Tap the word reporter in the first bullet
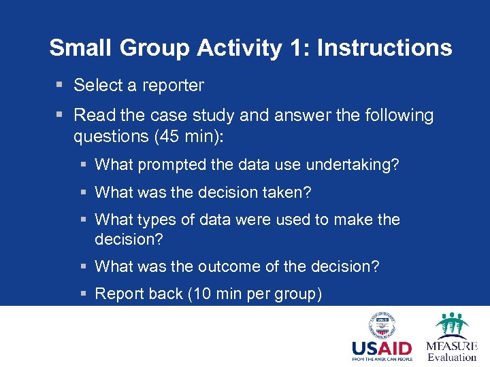(173, 86)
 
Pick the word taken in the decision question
(291, 193)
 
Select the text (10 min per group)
(255, 294)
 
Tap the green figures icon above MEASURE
(451, 326)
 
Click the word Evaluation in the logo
(452, 357)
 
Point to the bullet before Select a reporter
(60, 86)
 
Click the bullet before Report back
(82, 294)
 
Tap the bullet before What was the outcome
(82, 266)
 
